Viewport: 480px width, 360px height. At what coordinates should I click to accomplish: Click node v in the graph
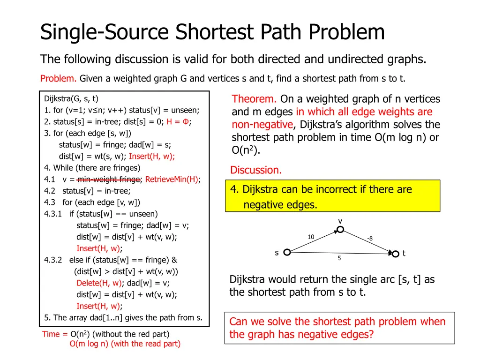[340, 229]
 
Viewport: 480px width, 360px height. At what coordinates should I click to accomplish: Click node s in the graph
[287, 252]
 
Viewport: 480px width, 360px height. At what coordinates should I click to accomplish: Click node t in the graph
[395, 253]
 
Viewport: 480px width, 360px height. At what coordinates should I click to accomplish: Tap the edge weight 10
[311, 237]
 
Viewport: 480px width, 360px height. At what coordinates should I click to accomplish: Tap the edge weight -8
[370, 238]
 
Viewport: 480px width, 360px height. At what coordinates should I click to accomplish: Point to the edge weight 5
[339, 258]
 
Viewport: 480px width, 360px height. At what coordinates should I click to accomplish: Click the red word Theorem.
[255, 99]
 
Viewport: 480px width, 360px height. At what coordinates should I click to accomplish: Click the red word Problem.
[58, 78]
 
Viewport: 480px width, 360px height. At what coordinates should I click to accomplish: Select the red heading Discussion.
[256, 170]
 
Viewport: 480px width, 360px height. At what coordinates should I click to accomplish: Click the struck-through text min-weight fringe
[109, 179]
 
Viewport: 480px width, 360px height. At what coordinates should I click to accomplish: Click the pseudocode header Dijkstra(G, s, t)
[71, 98]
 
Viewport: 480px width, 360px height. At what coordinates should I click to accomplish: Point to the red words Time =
[55, 334]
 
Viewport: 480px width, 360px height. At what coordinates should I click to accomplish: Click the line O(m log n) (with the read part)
[125, 344]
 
